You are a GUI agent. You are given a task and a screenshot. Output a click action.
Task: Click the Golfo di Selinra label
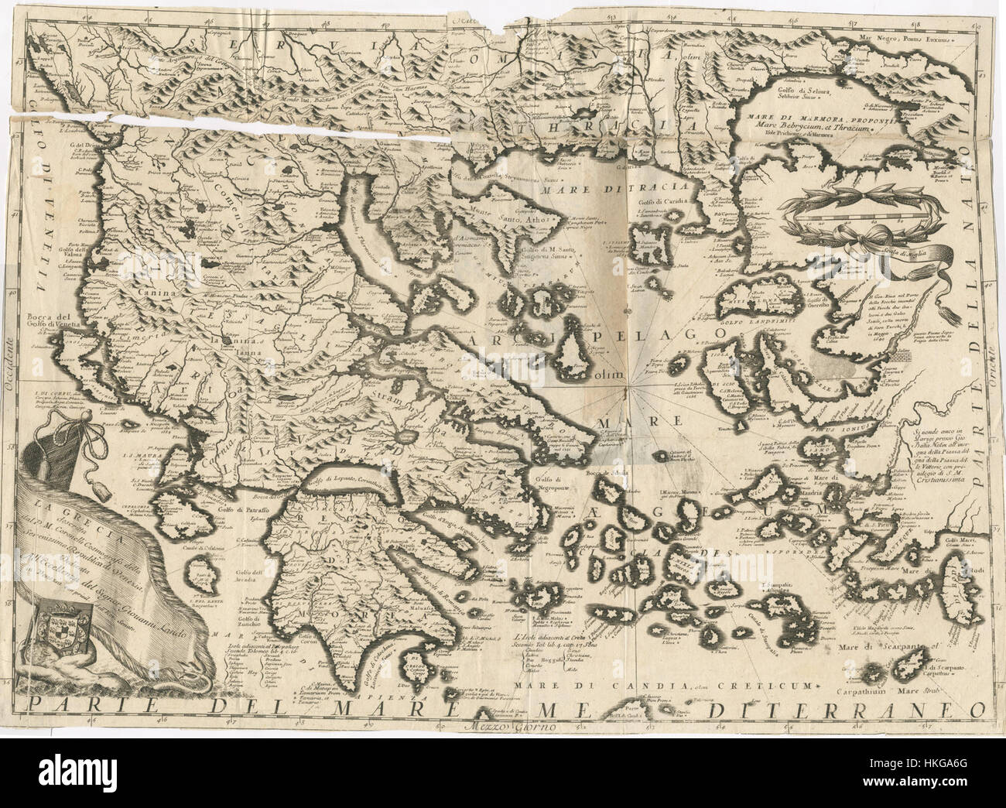(x=791, y=92)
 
